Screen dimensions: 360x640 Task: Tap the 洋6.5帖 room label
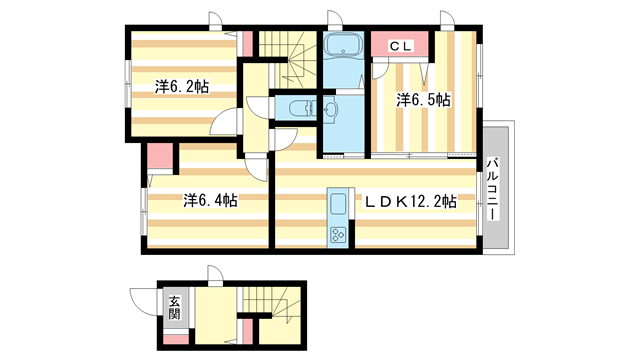click(422, 99)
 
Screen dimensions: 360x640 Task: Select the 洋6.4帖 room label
click(209, 200)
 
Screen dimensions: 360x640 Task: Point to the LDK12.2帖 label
click(409, 201)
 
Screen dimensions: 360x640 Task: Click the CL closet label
click(400, 45)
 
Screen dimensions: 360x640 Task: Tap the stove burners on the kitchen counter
click(337, 236)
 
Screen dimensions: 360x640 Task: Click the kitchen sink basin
click(337, 205)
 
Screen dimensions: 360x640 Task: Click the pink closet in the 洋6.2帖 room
click(245, 42)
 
